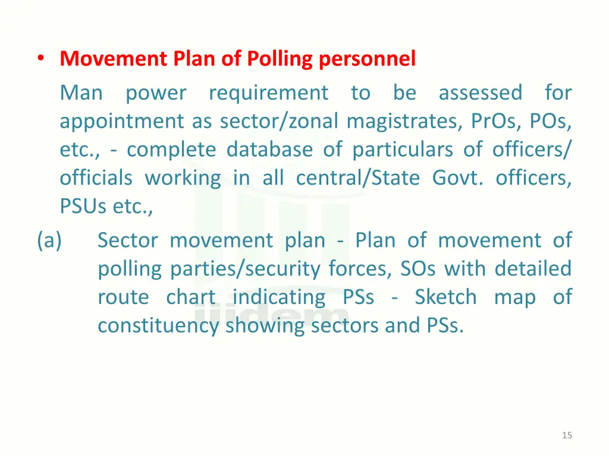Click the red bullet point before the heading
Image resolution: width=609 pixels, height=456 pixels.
(x=40, y=59)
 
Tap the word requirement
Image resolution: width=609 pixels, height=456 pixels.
(x=268, y=93)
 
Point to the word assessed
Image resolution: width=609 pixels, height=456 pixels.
(x=481, y=93)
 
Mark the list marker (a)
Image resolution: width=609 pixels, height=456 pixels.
(x=49, y=240)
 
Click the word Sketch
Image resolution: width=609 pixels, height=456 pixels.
(x=445, y=297)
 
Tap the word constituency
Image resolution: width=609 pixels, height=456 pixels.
(x=158, y=325)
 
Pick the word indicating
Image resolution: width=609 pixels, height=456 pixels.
(x=279, y=297)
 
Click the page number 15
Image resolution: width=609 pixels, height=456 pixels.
(x=567, y=436)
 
